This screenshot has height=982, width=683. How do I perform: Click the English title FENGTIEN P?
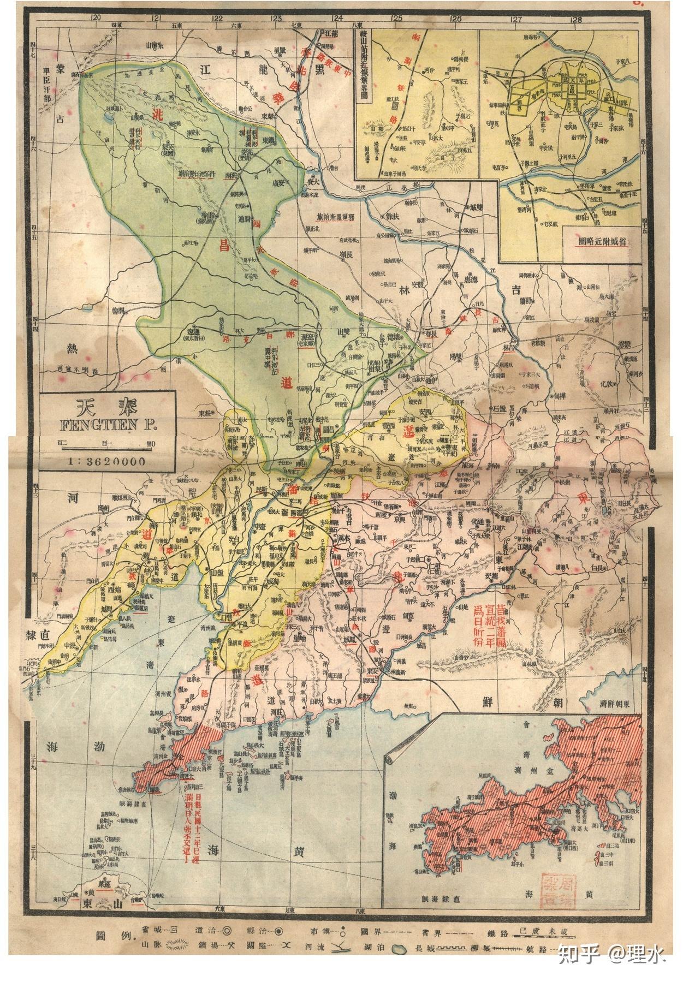[x=107, y=424]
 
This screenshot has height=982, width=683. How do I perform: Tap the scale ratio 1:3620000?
[x=107, y=461]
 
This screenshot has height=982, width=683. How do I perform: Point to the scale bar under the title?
[x=107, y=443]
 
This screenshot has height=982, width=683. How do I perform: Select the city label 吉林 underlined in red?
[x=509, y=348]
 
